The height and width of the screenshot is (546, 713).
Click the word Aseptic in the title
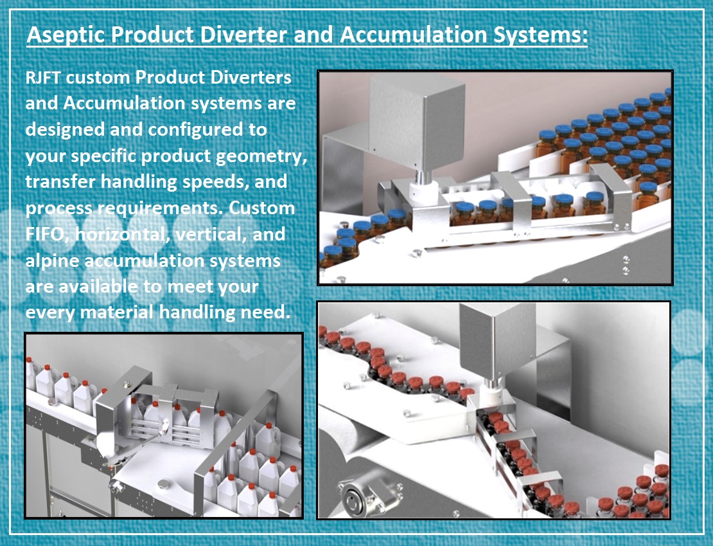(66, 35)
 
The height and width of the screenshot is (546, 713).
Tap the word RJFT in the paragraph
(43, 77)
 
